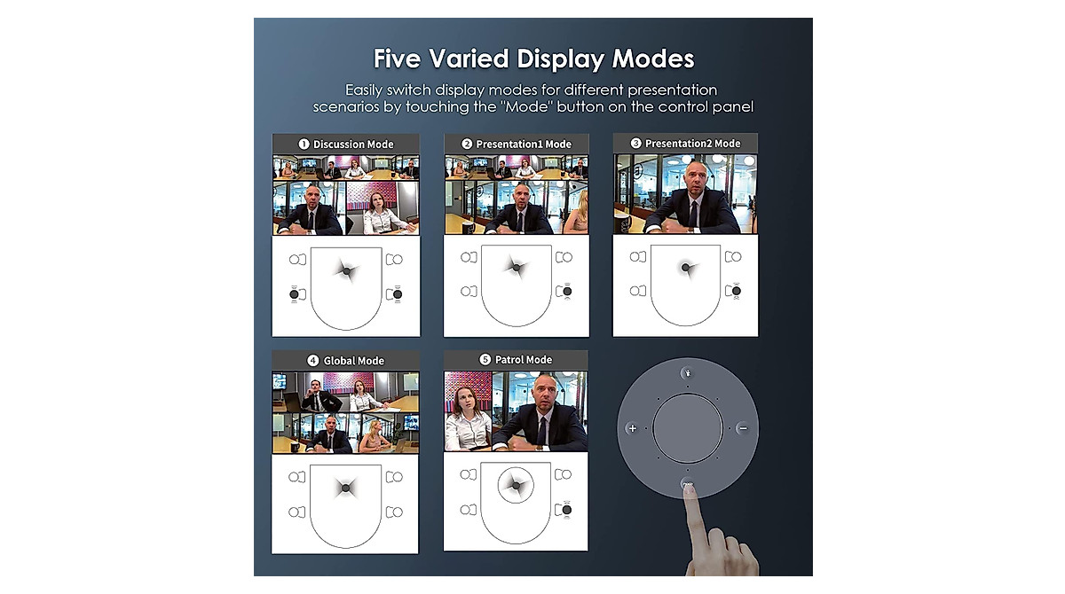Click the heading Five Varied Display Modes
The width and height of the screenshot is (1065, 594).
(532, 59)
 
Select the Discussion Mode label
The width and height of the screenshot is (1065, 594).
(352, 144)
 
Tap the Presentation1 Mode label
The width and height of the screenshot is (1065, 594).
(523, 144)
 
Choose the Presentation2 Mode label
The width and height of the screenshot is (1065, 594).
(691, 144)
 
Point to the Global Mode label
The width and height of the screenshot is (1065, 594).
(352, 361)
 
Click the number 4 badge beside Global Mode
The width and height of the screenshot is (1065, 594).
(312, 361)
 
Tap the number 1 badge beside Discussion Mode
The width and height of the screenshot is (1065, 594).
(304, 144)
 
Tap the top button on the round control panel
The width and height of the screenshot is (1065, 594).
(688, 372)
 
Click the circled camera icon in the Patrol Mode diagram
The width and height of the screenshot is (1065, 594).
(516, 484)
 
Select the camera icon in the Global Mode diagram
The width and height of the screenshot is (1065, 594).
(345, 488)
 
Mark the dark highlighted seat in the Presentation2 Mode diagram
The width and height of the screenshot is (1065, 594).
(736, 291)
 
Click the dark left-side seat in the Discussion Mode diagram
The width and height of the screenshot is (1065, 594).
(296, 293)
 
